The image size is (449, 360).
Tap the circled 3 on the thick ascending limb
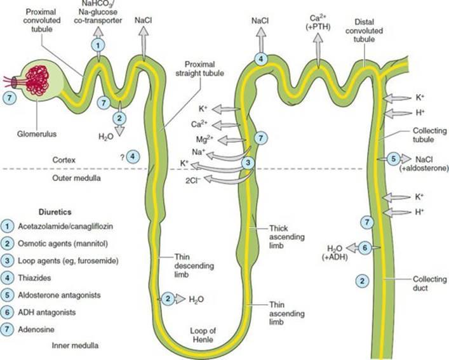click(x=248, y=163)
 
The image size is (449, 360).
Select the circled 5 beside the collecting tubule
click(x=394, y=159)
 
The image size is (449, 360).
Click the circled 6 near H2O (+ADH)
click(x=365, y=247)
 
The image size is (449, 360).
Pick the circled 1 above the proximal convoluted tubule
click(x=98, y=45)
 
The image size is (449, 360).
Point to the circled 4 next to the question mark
click(x=133, y=156)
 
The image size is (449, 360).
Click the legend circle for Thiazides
click(x=7, y=278)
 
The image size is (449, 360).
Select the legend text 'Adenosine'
click(x=36, y=330)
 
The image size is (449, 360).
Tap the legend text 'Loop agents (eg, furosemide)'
click(x=68, y=261)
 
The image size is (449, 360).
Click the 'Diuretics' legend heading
click(x=55, y=212)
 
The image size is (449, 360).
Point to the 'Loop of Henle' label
click(x=203, y=335)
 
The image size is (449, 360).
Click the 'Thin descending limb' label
click(x=194, y=265)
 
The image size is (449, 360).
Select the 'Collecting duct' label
click(x=429, y=283)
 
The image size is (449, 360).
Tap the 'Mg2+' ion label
click(x=204, y=139)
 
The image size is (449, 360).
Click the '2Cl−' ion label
click(x=193, y=180)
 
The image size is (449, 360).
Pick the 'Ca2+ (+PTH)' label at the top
click(x=318, y=22)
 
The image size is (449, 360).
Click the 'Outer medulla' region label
click(x=76, y=178)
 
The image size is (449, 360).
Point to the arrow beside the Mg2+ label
click(x=232, y=140)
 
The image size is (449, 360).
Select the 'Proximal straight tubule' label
click(x=199, y=69)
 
